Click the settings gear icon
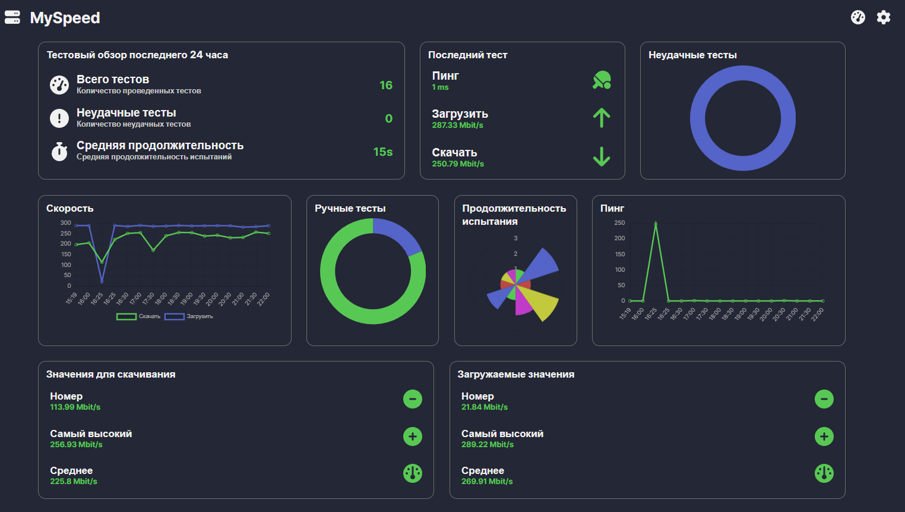884,17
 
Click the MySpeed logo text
65,18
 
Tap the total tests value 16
386,85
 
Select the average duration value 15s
383,152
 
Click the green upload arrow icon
602,118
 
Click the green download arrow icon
602,156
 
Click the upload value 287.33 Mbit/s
457,125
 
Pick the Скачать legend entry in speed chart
139,316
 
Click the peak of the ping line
656,224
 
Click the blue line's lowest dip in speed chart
102,281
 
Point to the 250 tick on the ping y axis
619,222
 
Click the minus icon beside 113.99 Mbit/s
413,399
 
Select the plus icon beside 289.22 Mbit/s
824,436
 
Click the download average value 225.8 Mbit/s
74,481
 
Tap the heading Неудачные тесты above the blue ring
692,55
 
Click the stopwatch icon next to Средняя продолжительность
59,152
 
